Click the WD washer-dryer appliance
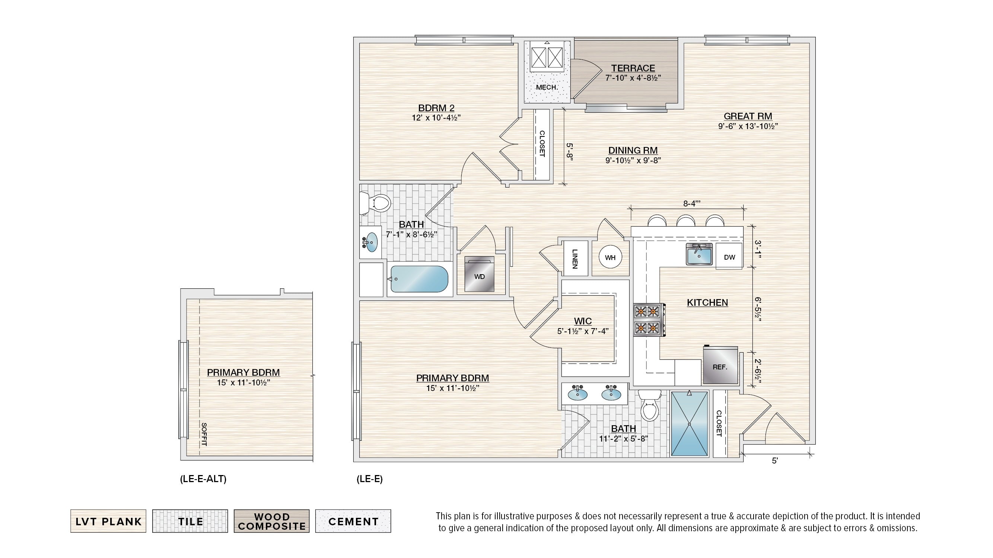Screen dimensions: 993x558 click(x=479, y=274)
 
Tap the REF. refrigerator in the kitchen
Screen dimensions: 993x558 click(x=720, y=365)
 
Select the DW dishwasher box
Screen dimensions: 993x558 click(x=729, y=256)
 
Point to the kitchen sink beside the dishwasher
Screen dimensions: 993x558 click(x=699, y=254)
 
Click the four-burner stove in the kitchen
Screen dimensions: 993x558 click(x=648, y=320)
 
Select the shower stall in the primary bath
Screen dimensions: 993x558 click(x=690, y=424)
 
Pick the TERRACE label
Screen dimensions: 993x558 click(x=633, y=68)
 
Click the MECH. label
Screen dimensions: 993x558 click(x=547, y=87)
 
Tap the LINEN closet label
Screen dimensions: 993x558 click(x=575, y=259)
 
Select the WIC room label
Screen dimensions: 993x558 click(x=582, y=321)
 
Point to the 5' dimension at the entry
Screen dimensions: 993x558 click(x=775, y=461)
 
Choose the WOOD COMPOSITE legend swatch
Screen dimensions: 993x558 click(x=271, y=521)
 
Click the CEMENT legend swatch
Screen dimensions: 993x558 click(x=353, y=521)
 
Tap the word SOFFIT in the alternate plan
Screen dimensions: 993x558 click(x=204, y=434)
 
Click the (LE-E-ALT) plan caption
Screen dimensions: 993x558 click(x=203, y=479)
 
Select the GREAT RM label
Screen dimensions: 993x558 click(x=748, y=116)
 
